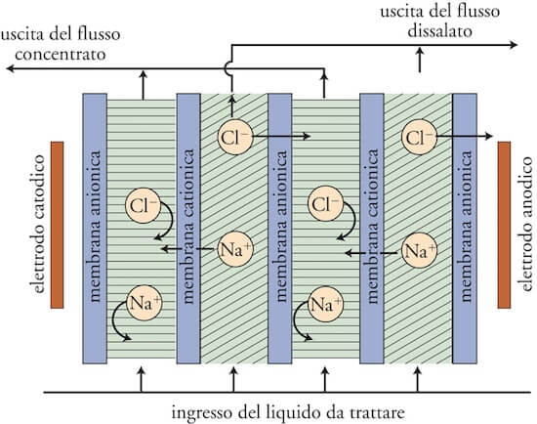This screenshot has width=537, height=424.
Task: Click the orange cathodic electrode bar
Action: (58, 225)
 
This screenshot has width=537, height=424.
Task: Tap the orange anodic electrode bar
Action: (504, 225)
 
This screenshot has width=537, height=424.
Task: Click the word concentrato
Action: (61, 55)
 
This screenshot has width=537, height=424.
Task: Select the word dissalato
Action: (440, 31)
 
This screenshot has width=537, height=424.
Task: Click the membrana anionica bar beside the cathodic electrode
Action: (95, 229)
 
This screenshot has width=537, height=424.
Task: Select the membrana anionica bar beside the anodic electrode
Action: (465, 229)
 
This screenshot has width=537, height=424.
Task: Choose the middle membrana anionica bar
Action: (280, 229)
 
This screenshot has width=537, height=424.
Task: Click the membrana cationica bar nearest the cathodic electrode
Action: (188, 229)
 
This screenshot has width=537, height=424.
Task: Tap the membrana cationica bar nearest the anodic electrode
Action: (372, 229)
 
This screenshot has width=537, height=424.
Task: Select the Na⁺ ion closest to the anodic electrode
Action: (419, 250)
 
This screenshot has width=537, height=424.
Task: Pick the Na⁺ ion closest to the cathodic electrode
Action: (144, 303)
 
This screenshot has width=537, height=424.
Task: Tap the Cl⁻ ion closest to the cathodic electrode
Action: (143, 206)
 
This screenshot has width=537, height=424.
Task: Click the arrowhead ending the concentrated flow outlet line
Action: (11, 68)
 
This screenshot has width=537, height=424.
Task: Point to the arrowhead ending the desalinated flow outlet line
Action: (514, 45)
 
